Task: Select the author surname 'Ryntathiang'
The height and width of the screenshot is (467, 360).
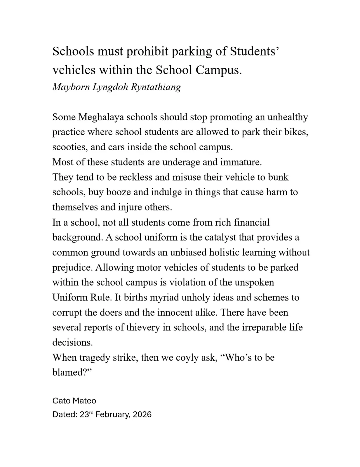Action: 156,87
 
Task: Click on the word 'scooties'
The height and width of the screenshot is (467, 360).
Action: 70,147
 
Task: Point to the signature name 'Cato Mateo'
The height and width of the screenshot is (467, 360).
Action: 74,401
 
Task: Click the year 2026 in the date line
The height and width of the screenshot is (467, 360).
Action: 142,415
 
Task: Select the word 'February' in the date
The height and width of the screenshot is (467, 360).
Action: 112,415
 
